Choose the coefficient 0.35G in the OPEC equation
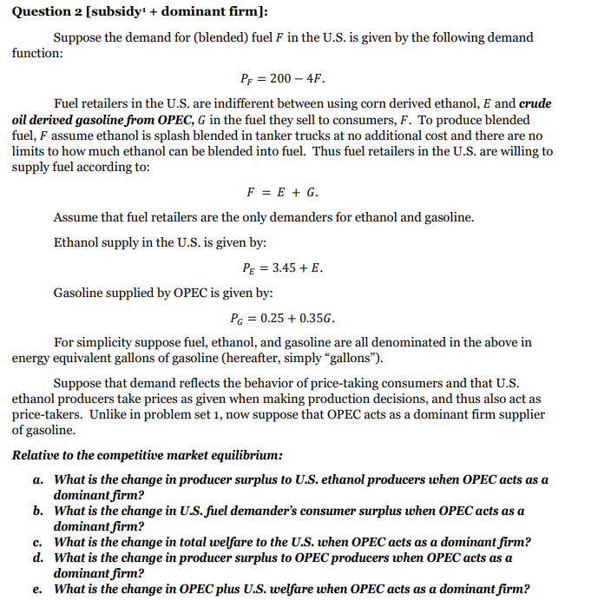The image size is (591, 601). point(318,318)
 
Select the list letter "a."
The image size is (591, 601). point(38,479)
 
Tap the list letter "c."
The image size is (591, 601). point(38,542)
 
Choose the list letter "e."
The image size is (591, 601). point(38,589)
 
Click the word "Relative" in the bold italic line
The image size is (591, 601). point(36,455)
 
